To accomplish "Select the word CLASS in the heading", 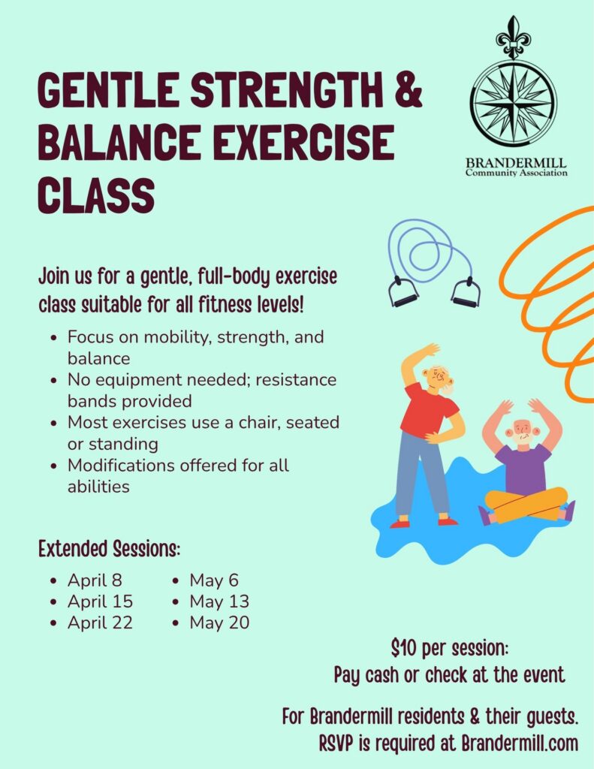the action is coord(96,195).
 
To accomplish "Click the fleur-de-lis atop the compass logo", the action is coord(514,37).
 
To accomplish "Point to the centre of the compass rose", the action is coord(514,103).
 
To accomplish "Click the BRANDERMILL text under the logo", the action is coord(516,162).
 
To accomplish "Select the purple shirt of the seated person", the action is coord(523,469).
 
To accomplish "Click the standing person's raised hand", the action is coord(432,349).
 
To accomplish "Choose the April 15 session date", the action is coord(100,602).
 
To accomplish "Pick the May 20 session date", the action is coord(219,623).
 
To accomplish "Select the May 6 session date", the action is coord(214,581).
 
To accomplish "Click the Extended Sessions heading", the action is coord(110,548).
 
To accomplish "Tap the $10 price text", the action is coord(403,648).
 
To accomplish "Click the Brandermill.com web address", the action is coord(520,743).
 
